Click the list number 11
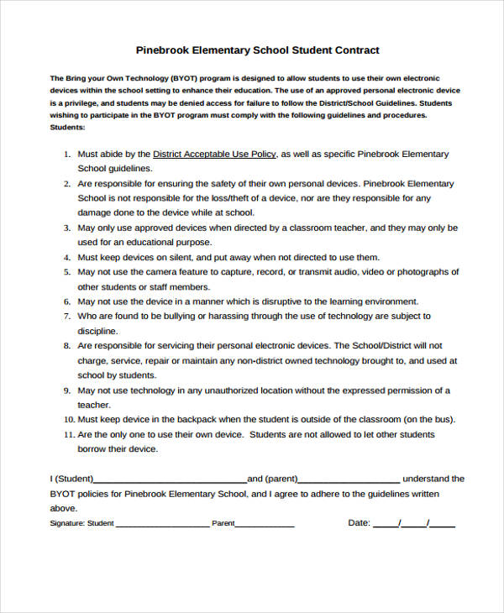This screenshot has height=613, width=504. click(x=69, y=435)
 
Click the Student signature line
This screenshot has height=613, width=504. click(x=162, y=526)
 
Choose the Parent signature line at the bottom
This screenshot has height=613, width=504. click(x=265, y=526)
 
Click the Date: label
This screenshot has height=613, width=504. click(x=359, y=522)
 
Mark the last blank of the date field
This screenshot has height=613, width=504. click(x=443, y=526)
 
